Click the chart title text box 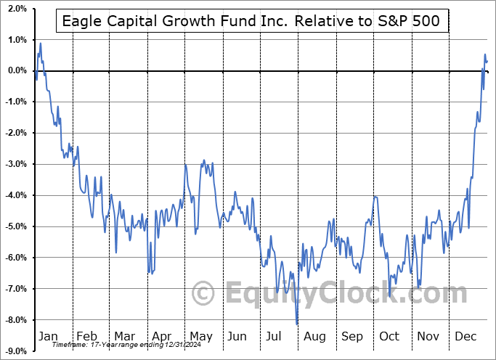[x=251, y=21]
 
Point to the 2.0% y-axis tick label [x=16, y=9]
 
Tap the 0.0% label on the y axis [x=16, y=71]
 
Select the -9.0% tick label [x=15, y=351]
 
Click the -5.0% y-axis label [x=15, y=226]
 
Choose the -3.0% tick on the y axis [x=15, y=164]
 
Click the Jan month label [x=47, y=336]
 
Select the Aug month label [x=314, y=336]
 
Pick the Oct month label [x=390, y=336]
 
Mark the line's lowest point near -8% [x=297, y=323]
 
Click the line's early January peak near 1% [x=41, y=44]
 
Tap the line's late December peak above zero [x=485, y=54]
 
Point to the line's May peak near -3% [x=203, y=160]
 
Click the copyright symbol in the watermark [x=205, y=294]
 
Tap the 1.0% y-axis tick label [x=16, y=40]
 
